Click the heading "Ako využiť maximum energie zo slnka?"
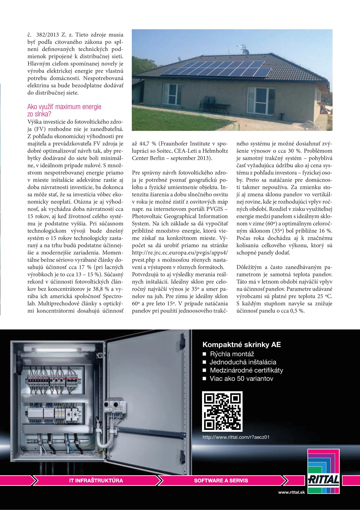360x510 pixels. (64, 110)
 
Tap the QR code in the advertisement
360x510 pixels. (222, 411)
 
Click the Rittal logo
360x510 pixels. (323, 471)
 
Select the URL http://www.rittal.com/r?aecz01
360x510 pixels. (236, 437)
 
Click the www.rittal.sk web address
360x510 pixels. (291, 492)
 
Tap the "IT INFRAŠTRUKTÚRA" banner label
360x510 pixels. (96, 480)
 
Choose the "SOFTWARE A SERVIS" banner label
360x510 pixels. (221, 480)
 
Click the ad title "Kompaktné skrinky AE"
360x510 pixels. (242, 345)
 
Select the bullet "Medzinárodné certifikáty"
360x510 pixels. (246, 370)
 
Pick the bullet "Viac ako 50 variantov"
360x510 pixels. (241, 379)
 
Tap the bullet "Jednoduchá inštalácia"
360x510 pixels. (243, 362)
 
